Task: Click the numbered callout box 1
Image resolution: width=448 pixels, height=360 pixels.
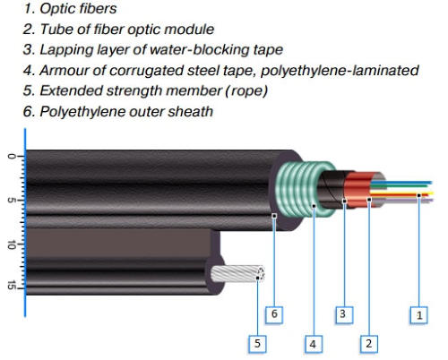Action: click(x=418, y=315)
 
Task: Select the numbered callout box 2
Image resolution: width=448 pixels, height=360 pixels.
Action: click(x=369, y=344)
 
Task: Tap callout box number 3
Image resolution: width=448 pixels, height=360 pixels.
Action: click(x=344, y=314)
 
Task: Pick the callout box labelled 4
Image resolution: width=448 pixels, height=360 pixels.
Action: click(x=314, y=344)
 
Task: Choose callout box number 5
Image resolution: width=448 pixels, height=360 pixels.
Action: click(x=257, y=344)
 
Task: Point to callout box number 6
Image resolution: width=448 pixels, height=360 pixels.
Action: click(x=274, y=314)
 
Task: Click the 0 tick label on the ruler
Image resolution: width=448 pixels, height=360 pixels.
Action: click(x=11, y=157)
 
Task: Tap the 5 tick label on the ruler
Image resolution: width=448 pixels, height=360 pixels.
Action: click(x=11, y=200)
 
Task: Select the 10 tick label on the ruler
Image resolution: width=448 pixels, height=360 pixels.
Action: click(x=11, y=244)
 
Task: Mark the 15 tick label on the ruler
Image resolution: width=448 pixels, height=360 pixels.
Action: click(x=11, y=286)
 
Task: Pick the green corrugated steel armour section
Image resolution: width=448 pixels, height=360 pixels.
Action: click(x=305, y=189)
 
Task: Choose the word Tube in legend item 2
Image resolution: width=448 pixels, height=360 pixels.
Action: click(x=56, y=30)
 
